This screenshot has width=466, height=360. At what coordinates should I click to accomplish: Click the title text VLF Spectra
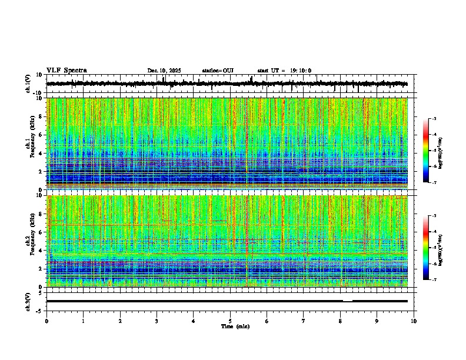click(66, 71)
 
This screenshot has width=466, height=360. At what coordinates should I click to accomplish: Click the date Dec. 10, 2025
click(164, 71)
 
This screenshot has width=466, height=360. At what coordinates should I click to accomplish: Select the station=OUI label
click(218, 71)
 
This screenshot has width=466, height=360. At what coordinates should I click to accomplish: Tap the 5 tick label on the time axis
click(230, 321)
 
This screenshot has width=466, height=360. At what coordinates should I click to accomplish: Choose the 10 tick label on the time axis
click(414, 321)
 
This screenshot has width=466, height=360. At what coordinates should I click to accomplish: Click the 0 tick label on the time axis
click(46, 321)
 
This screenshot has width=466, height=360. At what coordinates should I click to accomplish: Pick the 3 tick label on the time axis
click(157, 321)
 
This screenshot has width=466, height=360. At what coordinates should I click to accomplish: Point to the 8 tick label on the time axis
click(340, 321)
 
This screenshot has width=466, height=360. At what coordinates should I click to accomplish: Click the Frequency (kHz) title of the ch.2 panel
click(34, 241)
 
